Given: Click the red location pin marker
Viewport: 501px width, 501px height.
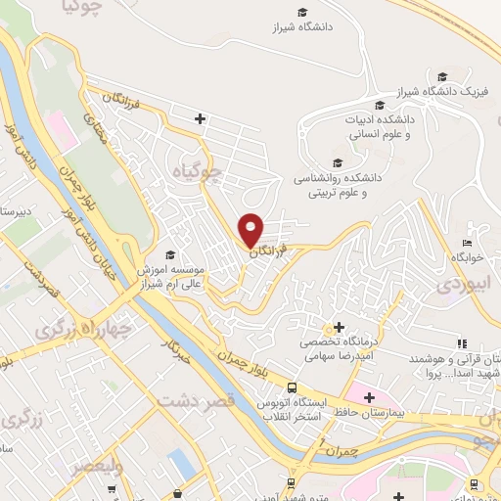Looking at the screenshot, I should coord(252,230).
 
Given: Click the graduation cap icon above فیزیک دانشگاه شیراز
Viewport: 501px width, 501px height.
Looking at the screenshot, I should coord(443,75).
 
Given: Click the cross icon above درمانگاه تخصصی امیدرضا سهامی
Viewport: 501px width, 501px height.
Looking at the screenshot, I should coord(339,327).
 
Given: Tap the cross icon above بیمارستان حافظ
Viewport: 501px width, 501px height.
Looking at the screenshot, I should coord(368,397).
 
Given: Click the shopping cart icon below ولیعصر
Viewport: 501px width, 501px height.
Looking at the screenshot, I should coord(176,492).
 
